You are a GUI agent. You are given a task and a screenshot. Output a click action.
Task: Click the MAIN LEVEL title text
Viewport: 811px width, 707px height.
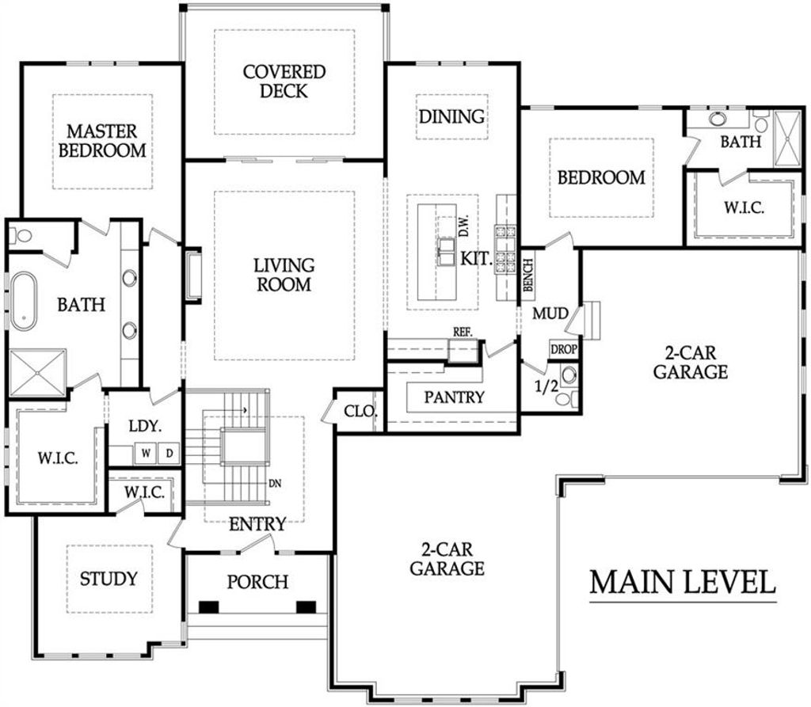coord(683,582)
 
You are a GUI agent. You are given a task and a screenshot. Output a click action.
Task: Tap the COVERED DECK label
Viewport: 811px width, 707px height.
coord(284,82)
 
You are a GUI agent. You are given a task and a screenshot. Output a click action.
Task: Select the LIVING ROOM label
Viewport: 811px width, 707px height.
coord(284,275)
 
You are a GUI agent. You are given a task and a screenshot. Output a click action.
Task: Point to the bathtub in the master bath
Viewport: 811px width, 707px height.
coord(24,301)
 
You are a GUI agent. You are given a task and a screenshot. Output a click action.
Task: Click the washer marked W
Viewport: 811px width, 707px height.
coord(146,453)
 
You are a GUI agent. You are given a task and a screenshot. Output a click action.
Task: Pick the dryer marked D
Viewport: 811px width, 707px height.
coord(169,453)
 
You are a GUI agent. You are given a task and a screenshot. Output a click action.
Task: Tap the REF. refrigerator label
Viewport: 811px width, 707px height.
coord(463,333)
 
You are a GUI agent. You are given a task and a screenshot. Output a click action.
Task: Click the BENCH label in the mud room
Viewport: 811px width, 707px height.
coord(527,276)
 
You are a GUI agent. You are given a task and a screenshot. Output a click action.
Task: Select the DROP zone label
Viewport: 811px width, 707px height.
coord(563,350)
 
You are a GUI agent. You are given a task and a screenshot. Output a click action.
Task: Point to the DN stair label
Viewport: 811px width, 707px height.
coord(275,484)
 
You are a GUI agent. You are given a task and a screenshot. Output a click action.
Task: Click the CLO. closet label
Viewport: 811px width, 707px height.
coord(360,412)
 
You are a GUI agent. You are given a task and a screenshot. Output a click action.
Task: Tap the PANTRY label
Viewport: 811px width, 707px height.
coord(454,397)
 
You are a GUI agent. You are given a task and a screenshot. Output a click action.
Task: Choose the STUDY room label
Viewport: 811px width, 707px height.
coord(109,578)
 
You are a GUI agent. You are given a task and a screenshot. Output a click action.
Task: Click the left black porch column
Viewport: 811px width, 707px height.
coord(209,606)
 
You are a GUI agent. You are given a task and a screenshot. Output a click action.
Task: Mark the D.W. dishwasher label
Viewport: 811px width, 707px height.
coord(464,226)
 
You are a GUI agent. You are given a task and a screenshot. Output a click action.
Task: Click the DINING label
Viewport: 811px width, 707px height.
coord(451,116)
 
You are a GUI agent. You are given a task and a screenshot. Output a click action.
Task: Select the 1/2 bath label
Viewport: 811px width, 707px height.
coord(546,386)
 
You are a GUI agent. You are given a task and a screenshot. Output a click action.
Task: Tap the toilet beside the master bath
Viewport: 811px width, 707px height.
coord(21,237)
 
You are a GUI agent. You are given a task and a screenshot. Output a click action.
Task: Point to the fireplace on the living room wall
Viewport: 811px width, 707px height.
coord(193,276)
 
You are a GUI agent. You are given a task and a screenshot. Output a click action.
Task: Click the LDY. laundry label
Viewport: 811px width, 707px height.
coord(146,426)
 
